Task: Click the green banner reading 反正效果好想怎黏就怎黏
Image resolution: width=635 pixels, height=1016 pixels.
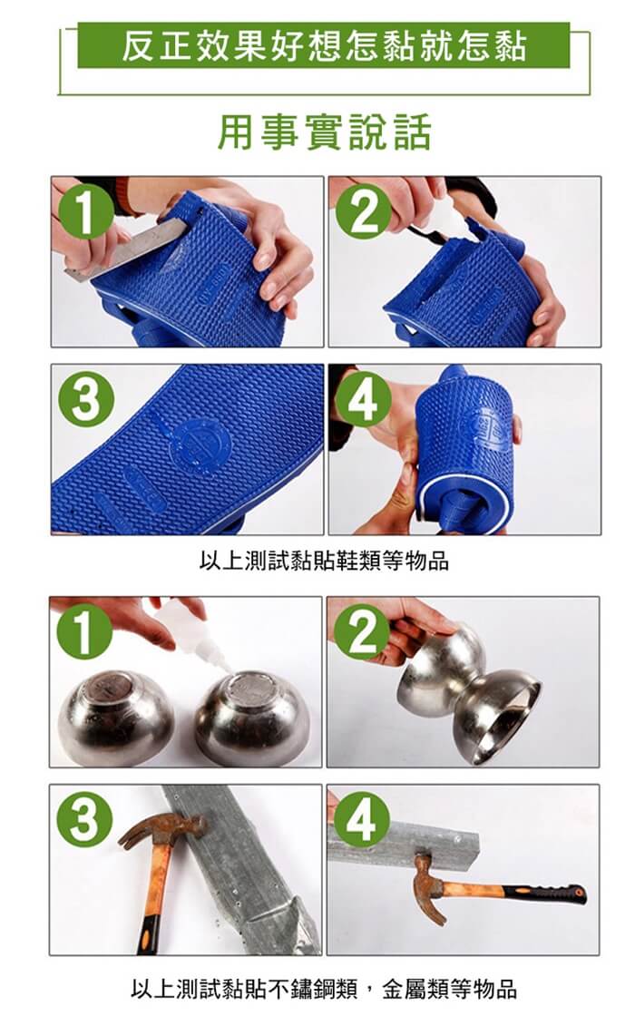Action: point(323,45)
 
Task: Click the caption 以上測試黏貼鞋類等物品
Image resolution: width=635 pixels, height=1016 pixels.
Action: point(324,561)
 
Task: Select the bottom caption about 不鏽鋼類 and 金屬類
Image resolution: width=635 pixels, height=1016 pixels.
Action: point(324,989)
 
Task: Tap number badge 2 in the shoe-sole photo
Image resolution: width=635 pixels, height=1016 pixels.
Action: point(364,211)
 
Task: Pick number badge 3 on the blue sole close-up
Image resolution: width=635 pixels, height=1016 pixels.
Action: point(87,399)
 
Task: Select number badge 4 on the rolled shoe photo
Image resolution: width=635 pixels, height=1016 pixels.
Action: point(364,399)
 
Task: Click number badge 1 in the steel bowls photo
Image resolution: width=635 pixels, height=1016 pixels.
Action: point(85,631)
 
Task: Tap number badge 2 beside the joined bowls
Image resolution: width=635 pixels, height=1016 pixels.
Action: point(362,631)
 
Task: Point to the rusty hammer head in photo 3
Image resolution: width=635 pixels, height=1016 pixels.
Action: point(163,828)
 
